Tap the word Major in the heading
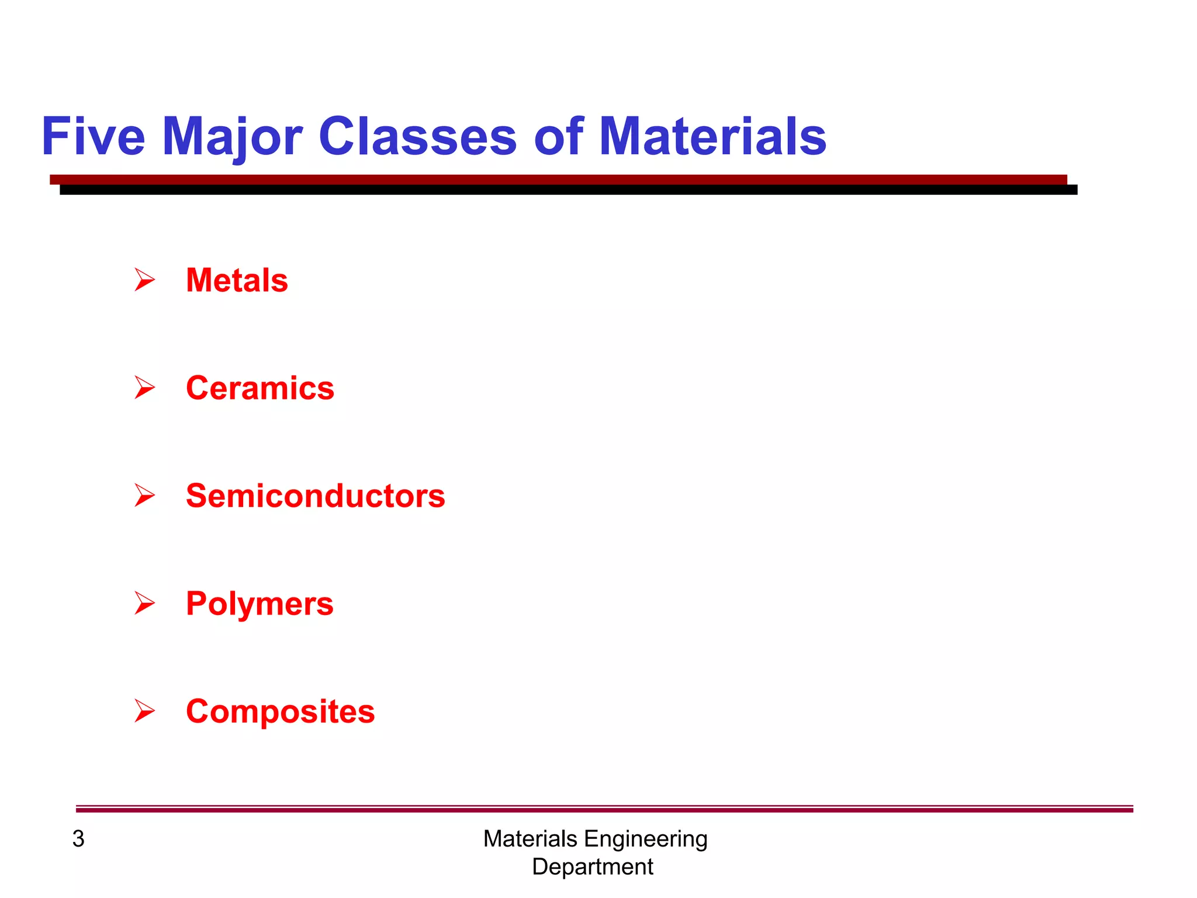[232, 137]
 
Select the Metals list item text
[237, 280]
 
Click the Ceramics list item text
[260, 388]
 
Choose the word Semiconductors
[316, 496]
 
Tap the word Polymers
[260, 604]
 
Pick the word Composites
[281, 712]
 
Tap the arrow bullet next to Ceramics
[144, 388]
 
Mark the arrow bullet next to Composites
[144, 711]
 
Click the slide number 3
[78, 839]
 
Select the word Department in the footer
[593, 867]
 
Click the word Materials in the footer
[530, 839]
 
